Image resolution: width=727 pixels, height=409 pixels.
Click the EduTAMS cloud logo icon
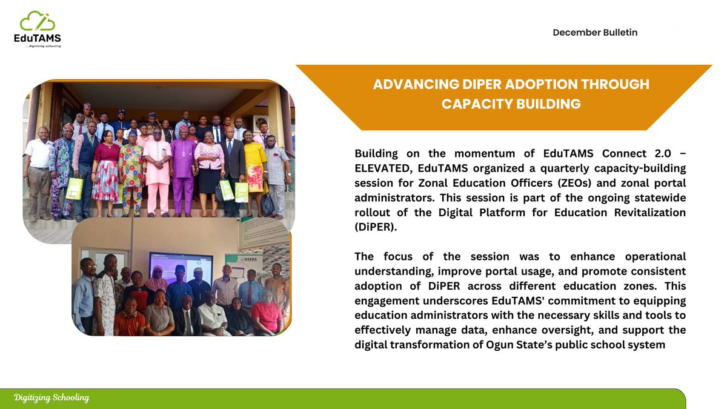coord(37,22)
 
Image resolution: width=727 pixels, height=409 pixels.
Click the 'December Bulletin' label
coord(595,33)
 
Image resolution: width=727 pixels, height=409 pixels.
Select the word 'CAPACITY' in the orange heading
coord(477,104)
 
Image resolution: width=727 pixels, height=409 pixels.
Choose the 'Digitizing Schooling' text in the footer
coord(52,398)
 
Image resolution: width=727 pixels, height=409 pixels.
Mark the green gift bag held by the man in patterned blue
coord(75,188)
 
